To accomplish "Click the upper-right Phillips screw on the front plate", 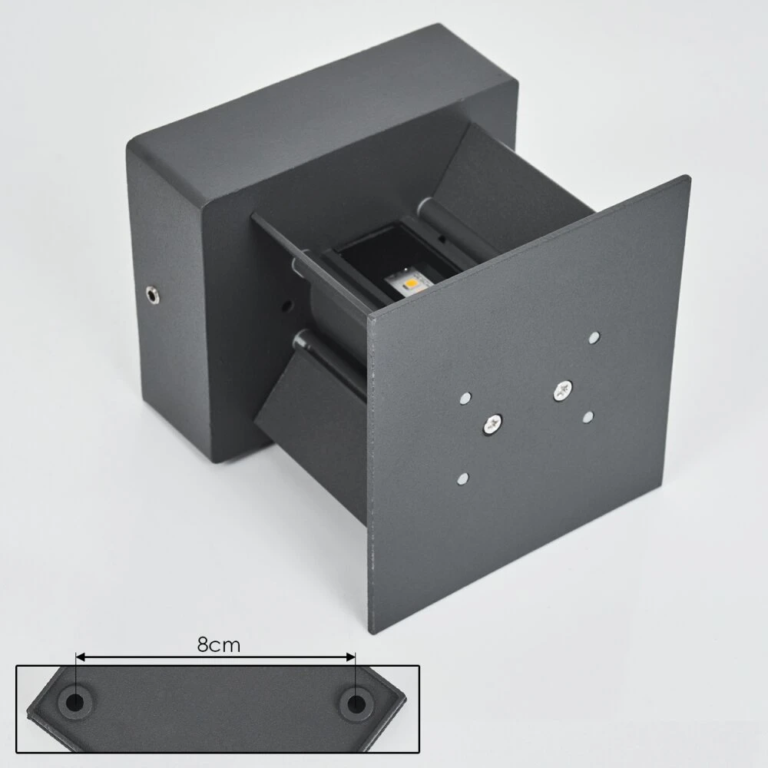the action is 562,390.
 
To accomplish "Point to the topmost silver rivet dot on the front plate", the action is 594,337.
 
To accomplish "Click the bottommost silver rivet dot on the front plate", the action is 462,478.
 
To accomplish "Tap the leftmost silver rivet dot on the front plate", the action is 465,398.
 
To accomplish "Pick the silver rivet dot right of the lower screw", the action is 588,417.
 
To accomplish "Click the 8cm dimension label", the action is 219,645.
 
